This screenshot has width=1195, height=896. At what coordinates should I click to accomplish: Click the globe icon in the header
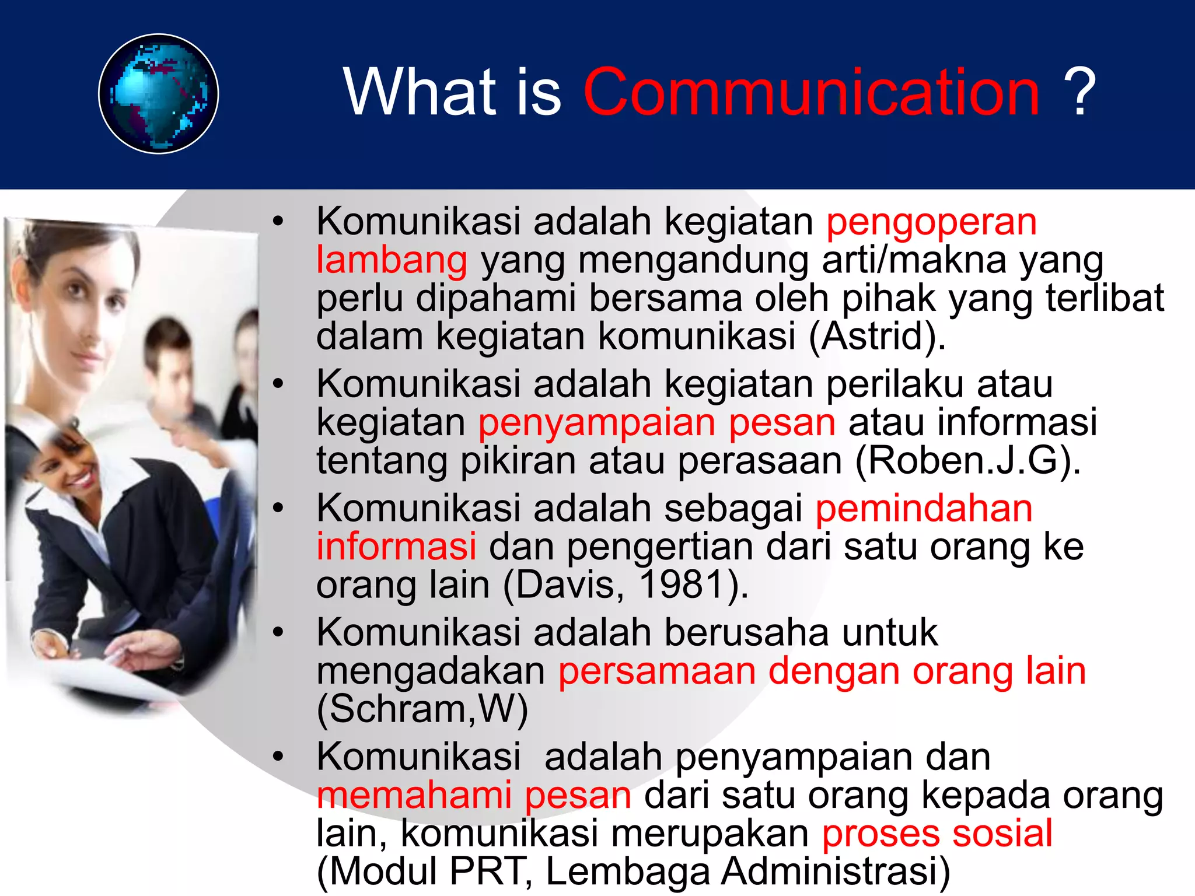158,94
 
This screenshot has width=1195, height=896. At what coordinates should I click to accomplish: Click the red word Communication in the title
811,92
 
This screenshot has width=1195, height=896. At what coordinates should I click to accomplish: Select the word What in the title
420,92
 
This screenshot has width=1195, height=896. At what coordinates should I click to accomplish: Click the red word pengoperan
931,223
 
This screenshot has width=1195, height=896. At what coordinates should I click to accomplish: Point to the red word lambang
392,261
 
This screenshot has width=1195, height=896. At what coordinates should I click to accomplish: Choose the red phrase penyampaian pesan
656,422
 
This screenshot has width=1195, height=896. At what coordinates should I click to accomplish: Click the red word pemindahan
924,509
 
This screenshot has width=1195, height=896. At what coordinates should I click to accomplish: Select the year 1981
682,584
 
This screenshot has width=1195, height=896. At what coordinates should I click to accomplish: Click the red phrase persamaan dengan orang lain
822,671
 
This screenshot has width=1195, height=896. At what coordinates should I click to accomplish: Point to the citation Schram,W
422,709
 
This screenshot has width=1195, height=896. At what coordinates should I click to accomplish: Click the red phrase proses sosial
937,834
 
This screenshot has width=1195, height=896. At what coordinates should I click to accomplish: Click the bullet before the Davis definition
278,509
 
